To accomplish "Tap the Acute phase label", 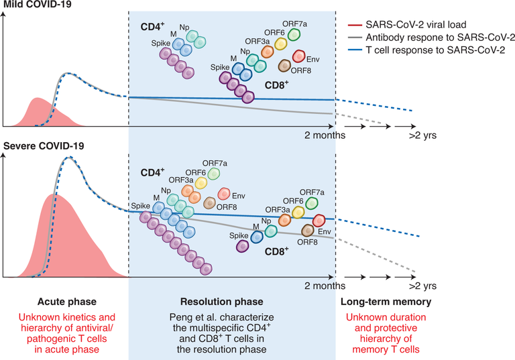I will [x=64, y=303].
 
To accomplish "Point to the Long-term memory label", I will [x=384, y=303].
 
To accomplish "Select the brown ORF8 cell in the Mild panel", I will [x=284, y=66].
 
